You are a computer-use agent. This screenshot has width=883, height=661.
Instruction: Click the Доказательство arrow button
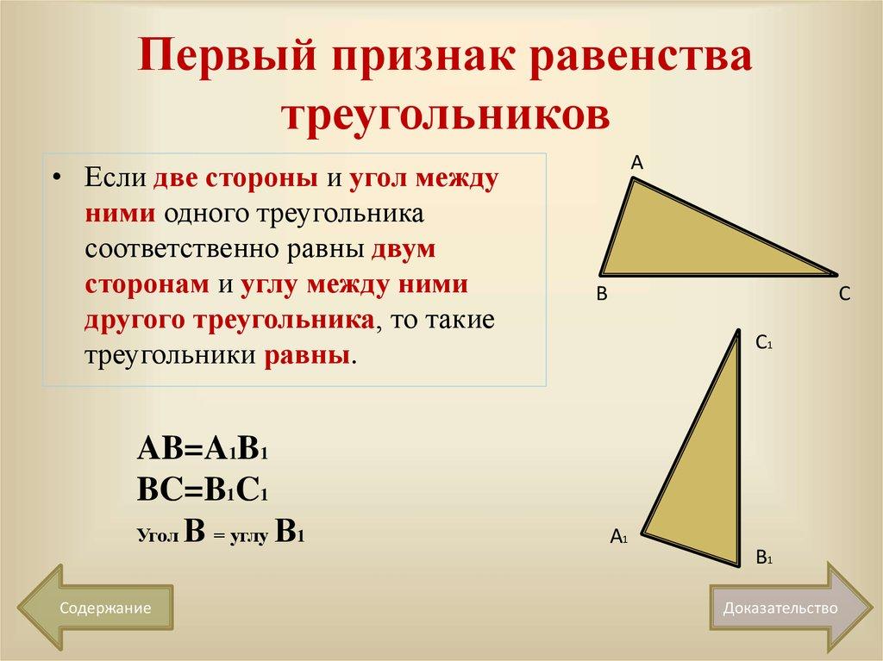tap(781, 608)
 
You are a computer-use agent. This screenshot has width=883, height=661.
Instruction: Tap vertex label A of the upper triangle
tap(637, 161)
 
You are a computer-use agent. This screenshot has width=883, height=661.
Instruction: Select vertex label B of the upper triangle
tap(603, 295)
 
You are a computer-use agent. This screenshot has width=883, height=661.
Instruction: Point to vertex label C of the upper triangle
tap(844, 295)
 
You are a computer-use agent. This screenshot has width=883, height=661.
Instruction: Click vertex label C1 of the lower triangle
tap(763, 343)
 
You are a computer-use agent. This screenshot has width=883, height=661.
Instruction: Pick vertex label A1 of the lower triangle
tap(618, 537)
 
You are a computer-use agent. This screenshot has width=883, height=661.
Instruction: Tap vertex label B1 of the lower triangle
tap(763, 558)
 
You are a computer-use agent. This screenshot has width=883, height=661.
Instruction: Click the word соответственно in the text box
tap(182, 252)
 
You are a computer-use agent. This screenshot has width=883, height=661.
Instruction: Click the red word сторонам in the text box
tap(147, 287)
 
